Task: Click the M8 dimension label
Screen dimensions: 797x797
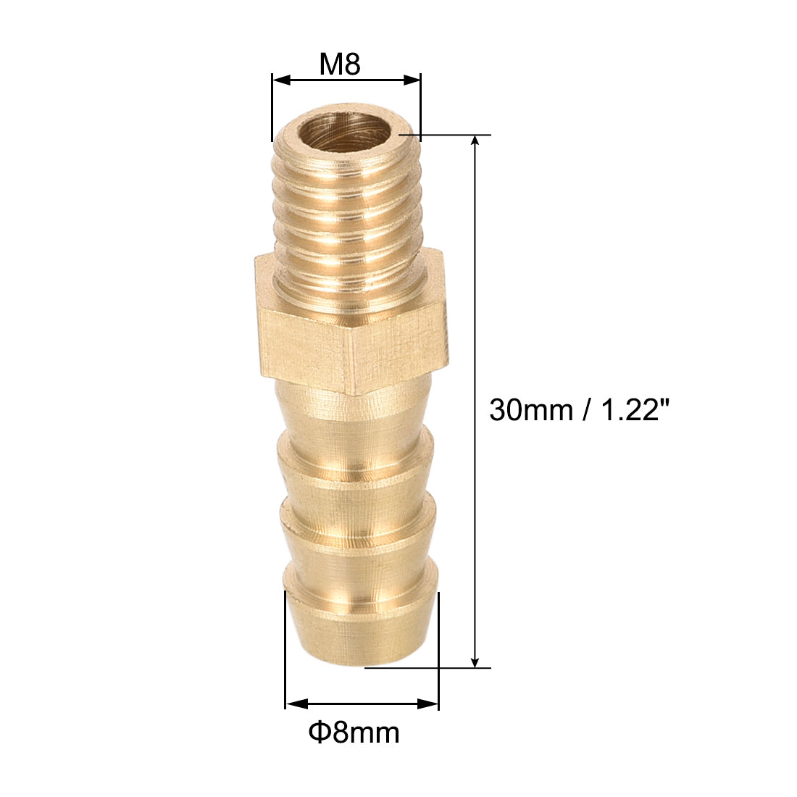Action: pos(340,65)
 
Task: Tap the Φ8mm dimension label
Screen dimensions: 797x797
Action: pos(354,733)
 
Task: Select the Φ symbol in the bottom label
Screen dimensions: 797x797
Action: pos(317,733)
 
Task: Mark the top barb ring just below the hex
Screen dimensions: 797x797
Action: pos(355,442)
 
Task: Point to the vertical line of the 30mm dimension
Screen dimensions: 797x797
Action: pos(475,290)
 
